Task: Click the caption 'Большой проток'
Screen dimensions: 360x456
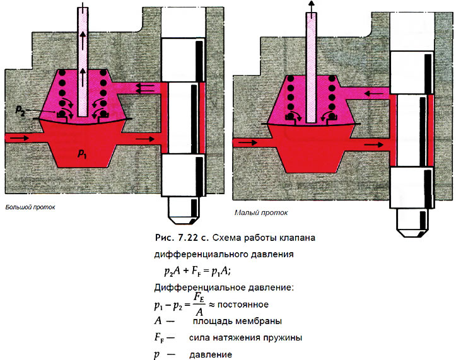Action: coord(30,206)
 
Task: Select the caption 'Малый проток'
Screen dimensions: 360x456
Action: coord(259,213)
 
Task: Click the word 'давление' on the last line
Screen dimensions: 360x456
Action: coord(211,354)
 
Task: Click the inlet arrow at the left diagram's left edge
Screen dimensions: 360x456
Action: coord(20,137)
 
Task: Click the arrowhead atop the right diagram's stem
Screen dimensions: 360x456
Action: coord(311,4)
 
